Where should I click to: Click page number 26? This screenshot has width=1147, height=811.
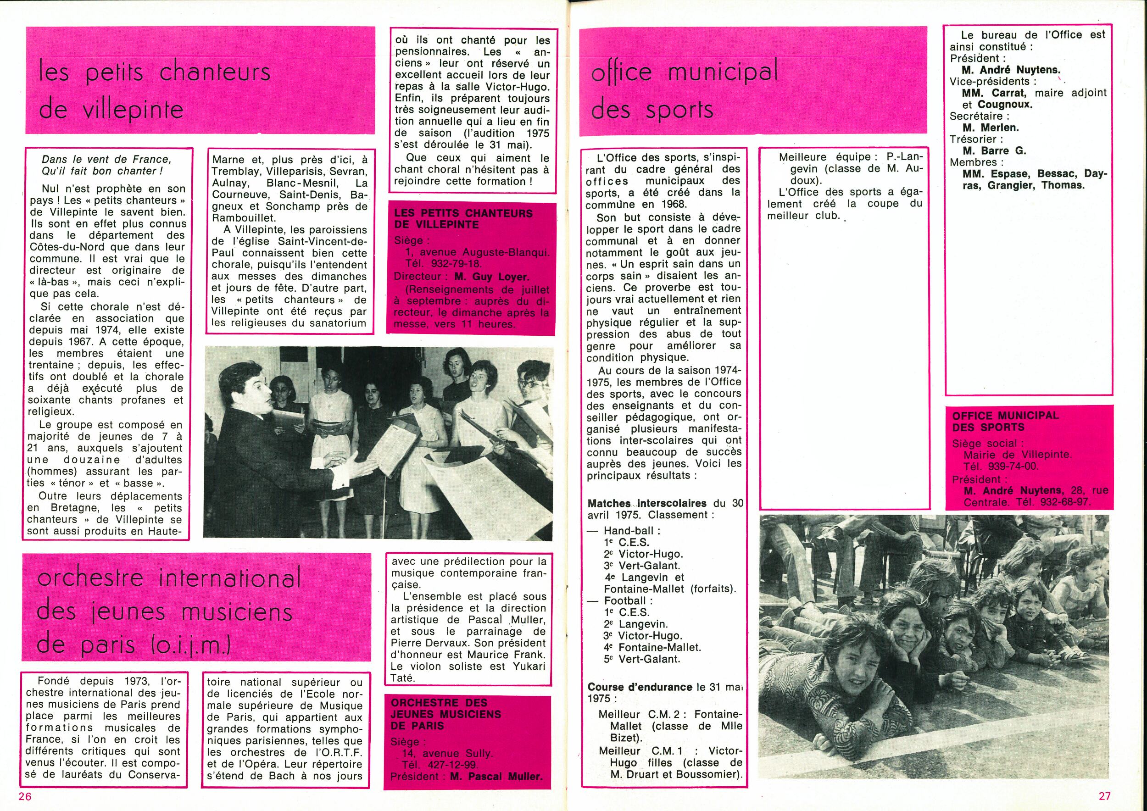click(x=25, y=796)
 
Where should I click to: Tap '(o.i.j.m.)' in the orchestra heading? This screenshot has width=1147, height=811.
click(x=189, y=646)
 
